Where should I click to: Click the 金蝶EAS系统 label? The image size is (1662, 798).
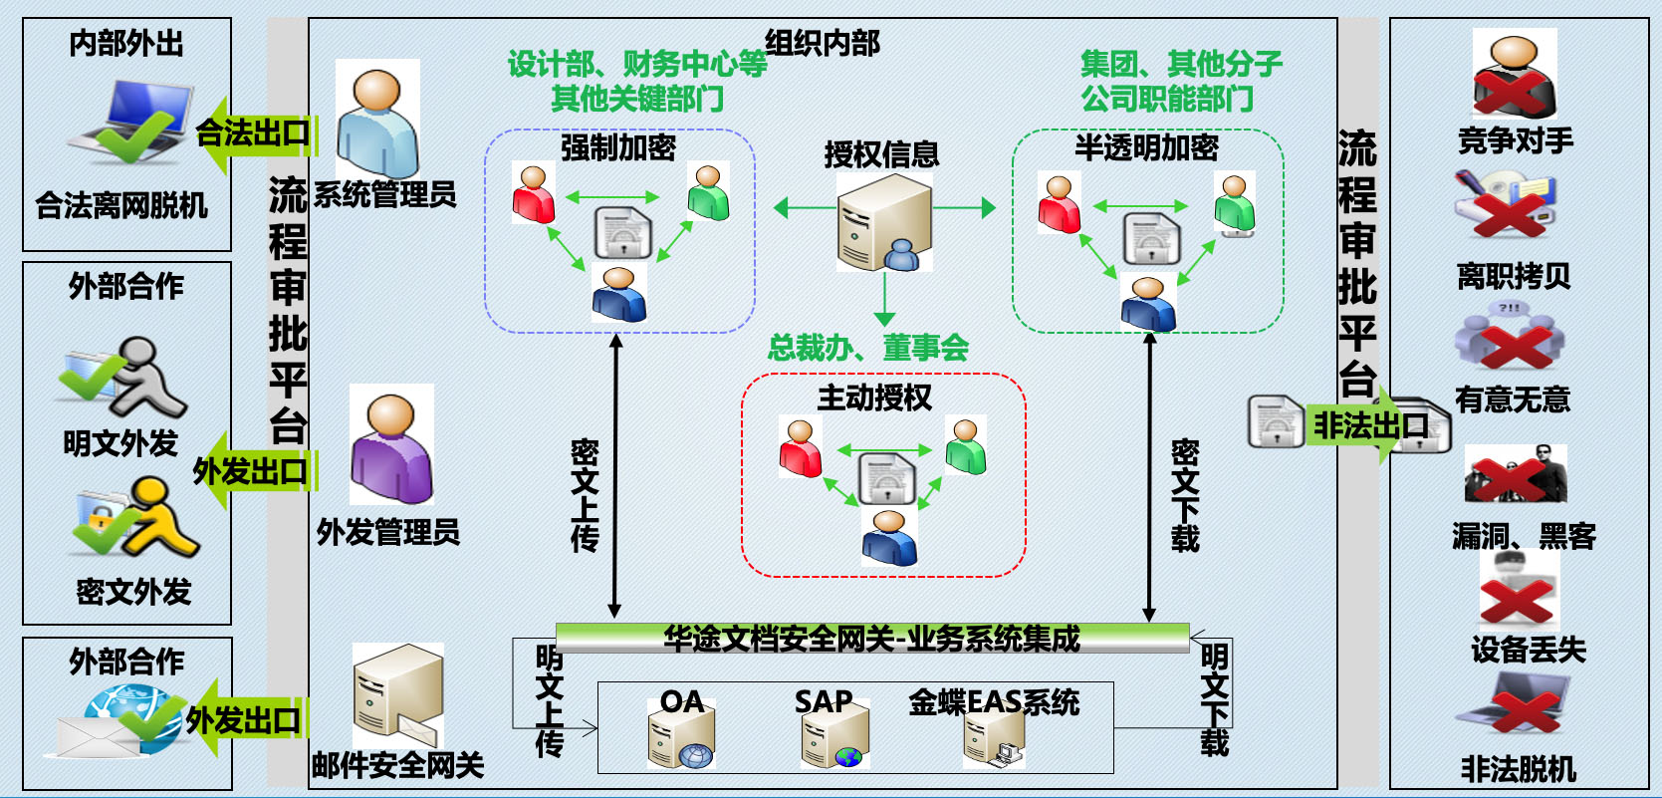993,702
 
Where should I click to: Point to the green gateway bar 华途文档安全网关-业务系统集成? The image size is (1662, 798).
871,638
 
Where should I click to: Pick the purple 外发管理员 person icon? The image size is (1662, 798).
391,447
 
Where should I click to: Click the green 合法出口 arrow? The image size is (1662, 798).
254,133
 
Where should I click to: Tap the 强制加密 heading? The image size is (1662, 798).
617,147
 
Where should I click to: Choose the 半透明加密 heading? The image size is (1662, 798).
1146,147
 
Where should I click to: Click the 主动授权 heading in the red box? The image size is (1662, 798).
874,398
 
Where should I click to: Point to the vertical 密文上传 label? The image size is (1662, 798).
585,495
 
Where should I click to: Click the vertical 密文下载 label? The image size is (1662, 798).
1184,495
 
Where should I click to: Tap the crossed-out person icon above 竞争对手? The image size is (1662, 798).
1514,76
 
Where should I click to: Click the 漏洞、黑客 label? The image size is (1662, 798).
1524,537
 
